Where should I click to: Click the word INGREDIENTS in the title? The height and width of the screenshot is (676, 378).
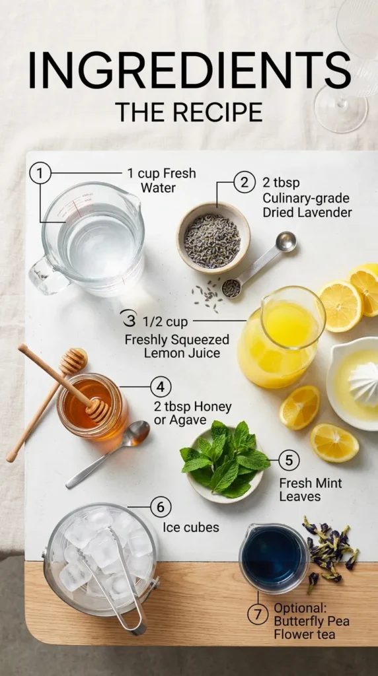click(x=189, y=71)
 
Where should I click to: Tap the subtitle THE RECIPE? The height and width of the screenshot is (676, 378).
click(x=188, y=112)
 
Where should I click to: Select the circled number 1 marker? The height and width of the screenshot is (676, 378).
click(x=40, y=174)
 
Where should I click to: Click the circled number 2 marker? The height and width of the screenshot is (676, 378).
click(x=245, y=182)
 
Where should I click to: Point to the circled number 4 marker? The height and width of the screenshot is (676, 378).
click(x=160, y=387)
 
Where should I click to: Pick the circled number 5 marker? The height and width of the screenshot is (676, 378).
click(x=288, y=460)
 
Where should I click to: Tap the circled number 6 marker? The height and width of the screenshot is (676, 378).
click(x=160, y=507)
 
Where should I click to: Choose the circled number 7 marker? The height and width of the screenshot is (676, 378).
click(x=258, y=614)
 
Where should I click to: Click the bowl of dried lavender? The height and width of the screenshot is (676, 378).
click(x=213, y=238)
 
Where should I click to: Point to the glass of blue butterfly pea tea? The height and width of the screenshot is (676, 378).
click(x=272, y=558)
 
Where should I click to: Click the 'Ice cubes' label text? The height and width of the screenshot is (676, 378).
click(x=190, y=528)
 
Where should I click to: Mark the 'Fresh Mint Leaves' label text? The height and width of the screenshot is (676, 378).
click(x=310, y=489)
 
